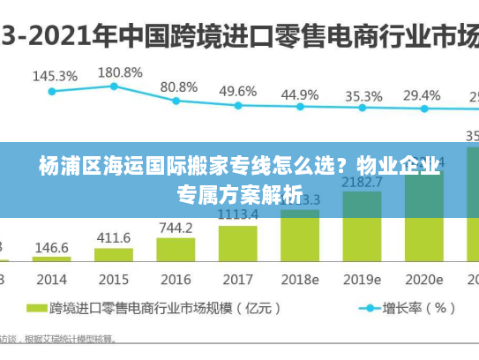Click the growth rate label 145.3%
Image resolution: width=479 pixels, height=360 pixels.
click(x=55, y=76)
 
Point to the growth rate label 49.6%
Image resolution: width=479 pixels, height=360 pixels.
click(x=237, y=91)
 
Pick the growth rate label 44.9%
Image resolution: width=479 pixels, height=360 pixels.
click(x=299, y=94)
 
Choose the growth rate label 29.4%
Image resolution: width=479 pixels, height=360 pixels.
click(x=422, y=95)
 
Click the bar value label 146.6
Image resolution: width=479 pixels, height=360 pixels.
click(x=52, y=249)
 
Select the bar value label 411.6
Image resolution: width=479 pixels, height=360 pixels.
click(x=113, y=237)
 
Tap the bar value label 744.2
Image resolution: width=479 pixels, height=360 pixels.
click(x=176, y=228)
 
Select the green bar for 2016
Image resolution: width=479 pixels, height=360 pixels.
click(x=176, y=250)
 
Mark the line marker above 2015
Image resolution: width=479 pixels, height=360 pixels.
click(x=114, y=86)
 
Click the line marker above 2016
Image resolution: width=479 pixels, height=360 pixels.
click(x=176, y=101)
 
